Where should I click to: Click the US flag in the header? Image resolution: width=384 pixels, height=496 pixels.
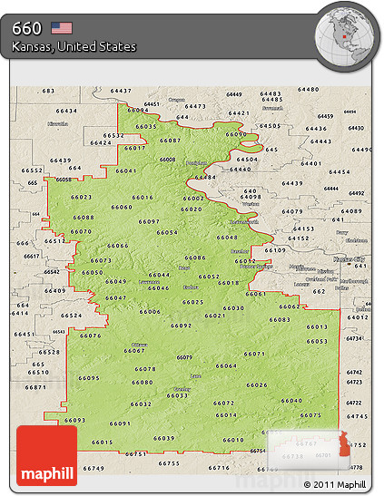click(61, 27)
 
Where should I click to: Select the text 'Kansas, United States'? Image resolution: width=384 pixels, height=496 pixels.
click(74, 46)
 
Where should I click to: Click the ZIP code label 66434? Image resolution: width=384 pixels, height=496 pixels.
click(66, 111)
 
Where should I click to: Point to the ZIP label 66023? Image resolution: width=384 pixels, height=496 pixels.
click(81, 197)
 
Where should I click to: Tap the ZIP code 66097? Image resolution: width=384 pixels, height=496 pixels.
click(150, 221)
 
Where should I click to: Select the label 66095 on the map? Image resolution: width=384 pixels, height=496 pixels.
click(89, 378)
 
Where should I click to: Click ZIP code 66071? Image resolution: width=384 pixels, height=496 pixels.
click(254, 354)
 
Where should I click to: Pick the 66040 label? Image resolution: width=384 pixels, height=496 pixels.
click(291, 400)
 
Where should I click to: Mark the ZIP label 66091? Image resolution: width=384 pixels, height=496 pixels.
click(120, 423)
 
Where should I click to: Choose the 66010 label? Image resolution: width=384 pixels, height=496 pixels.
click(234, 440)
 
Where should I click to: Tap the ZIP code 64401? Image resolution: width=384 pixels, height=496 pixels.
click(311, 163)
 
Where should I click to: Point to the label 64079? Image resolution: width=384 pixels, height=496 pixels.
click(292, 211)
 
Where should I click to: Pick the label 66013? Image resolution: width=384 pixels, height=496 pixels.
click(316, 326)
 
